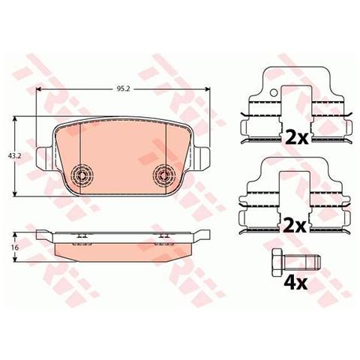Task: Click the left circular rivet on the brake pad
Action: point(81,175)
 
